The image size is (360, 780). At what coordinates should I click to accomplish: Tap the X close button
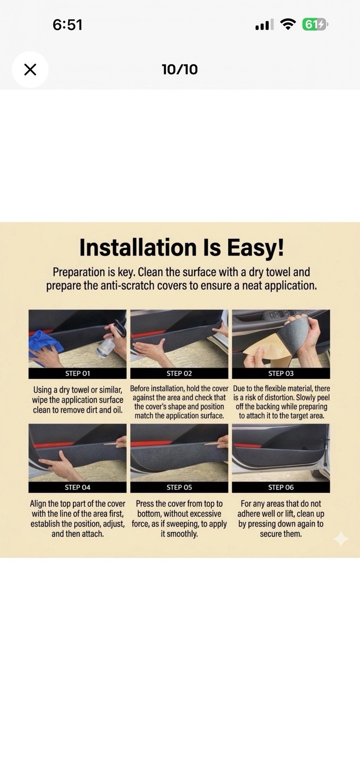(30, 70)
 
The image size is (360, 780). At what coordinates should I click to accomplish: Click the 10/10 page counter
(180, 70)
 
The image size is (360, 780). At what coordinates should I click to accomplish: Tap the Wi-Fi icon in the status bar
(288, 24)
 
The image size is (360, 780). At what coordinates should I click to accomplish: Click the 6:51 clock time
(68, 25)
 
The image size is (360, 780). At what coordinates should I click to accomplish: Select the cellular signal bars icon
(264, 25)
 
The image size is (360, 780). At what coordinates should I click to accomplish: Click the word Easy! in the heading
(256, 248)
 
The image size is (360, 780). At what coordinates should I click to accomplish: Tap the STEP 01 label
(78, 373)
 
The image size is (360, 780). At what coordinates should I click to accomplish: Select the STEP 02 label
(179, 373)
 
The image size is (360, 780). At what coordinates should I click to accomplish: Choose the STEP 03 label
(281, 373)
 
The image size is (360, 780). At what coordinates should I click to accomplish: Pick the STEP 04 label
(78, 487)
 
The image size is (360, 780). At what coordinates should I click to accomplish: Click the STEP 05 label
(179, 487)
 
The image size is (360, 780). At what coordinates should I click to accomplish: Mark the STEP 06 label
(281, 487)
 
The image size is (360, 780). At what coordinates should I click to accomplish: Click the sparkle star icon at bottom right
(340, 539)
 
